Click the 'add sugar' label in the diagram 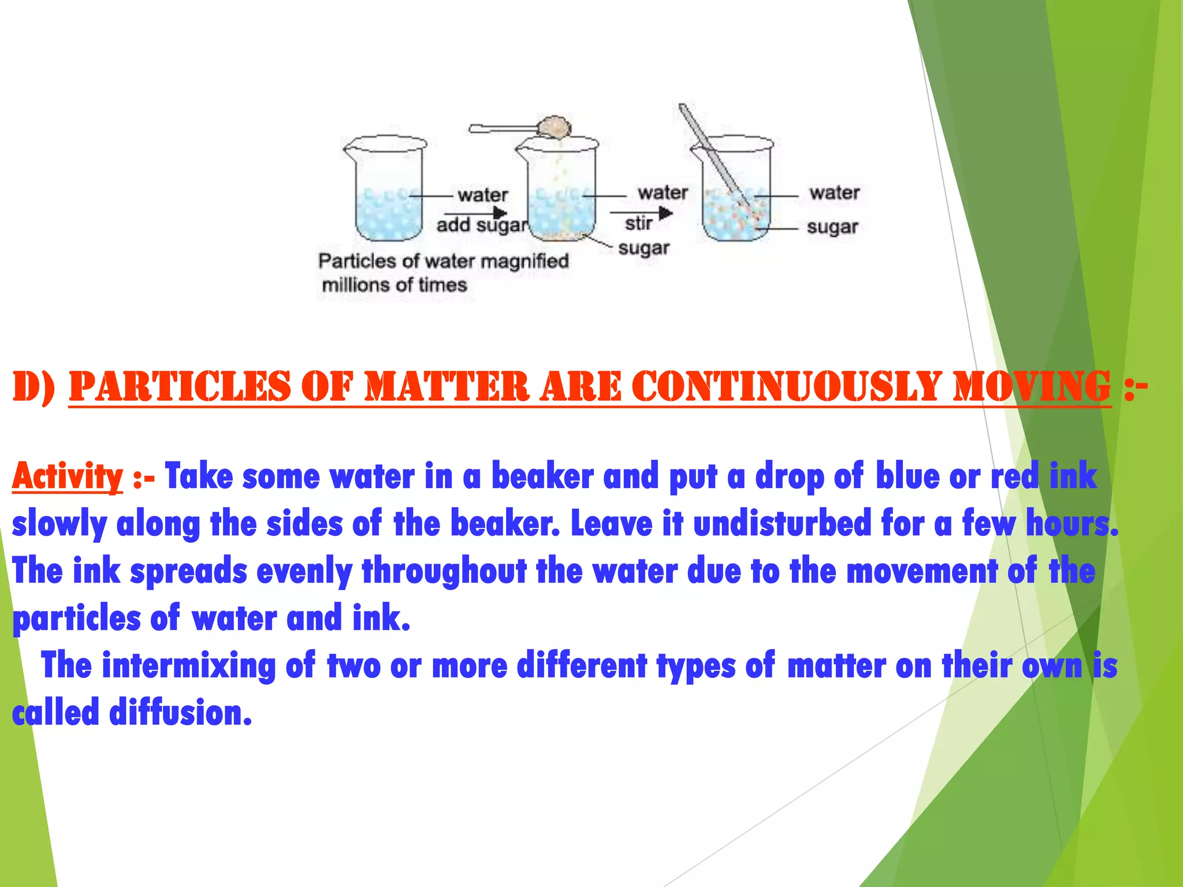[x=482, y=225]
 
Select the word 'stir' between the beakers [x=638, y=223]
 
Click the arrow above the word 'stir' [x=641, y=213]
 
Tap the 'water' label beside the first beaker [x=483, y=195]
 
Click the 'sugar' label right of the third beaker [x=832, y=227]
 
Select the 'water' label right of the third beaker [x=834, y=192]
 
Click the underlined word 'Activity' [x=68, y=477]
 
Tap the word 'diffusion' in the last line [x=180, y=713]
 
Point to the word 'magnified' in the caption [x=524, y=262]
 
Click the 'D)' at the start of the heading [x=34, y=387]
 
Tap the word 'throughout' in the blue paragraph [x=444, y=571]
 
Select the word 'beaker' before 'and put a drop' [x=542, y=477]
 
